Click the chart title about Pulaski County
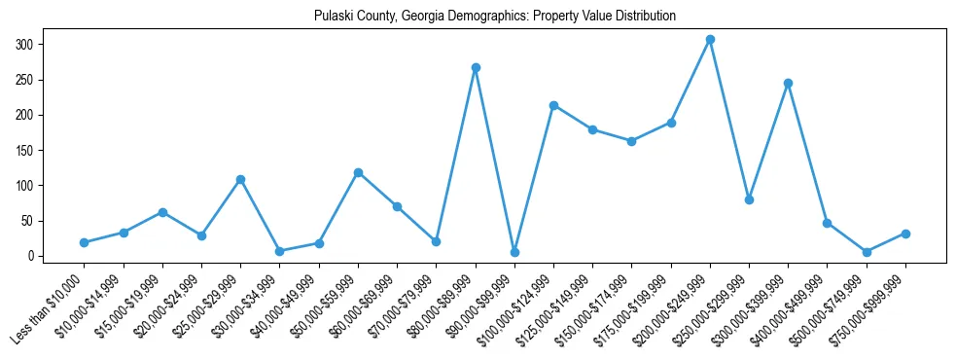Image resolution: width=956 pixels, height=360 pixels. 495,16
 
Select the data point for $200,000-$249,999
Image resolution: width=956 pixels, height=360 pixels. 710,40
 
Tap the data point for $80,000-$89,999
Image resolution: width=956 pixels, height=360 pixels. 476,68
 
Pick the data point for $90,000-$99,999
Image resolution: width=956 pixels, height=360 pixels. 514,252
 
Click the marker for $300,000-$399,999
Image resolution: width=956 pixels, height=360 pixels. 788,84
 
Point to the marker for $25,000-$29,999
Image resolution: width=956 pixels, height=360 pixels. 240,180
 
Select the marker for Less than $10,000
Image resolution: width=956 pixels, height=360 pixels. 85,242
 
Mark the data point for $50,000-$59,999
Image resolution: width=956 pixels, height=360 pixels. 358,173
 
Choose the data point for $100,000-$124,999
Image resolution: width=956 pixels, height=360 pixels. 553,105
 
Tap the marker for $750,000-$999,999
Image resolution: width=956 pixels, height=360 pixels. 905,234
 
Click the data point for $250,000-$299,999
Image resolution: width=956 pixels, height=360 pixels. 749,199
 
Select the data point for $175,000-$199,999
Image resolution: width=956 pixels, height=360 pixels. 671,123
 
